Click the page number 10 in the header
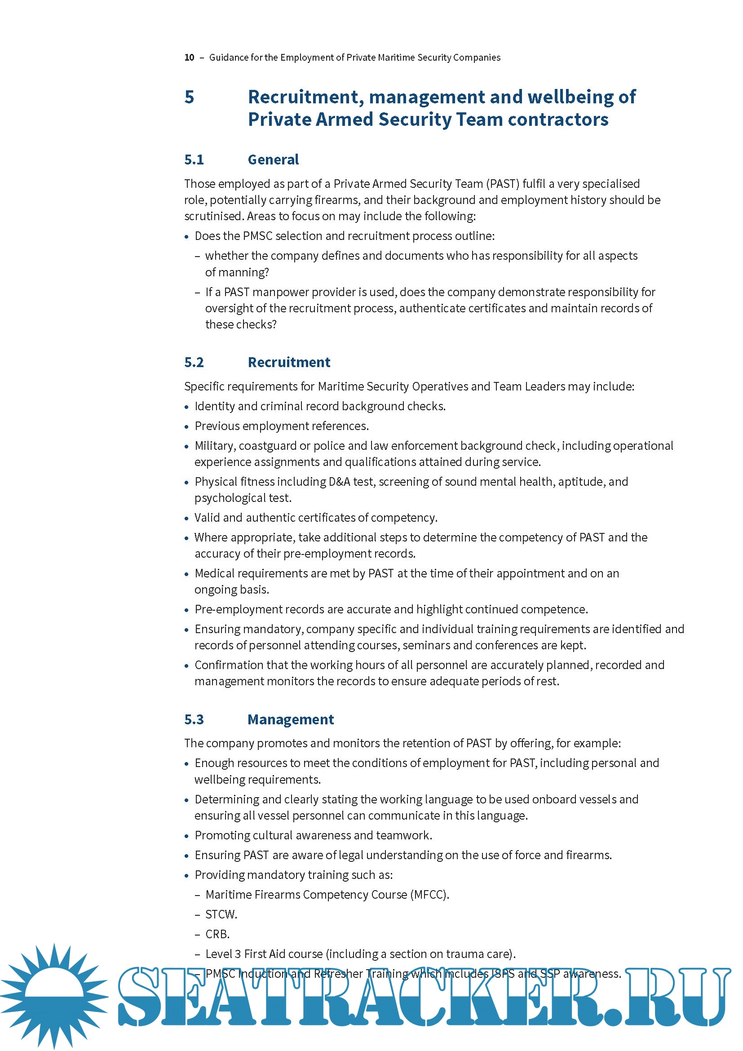[x=189, y=58]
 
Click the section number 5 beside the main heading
[x=190, y=97]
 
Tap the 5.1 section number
[x=194, y=160]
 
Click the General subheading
[x=273, y=160]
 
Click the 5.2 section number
[x=194, y=363]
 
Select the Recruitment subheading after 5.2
[x=289, y=363]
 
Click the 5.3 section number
[x=194, y=719]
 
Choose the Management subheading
[x=291, y=719]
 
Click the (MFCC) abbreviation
[x=429, y=895]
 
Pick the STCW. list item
[x=221, y=914]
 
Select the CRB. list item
[x=217, y=934]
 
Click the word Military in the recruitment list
[x=214, y=446]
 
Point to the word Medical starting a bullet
[x=215, y=573]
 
